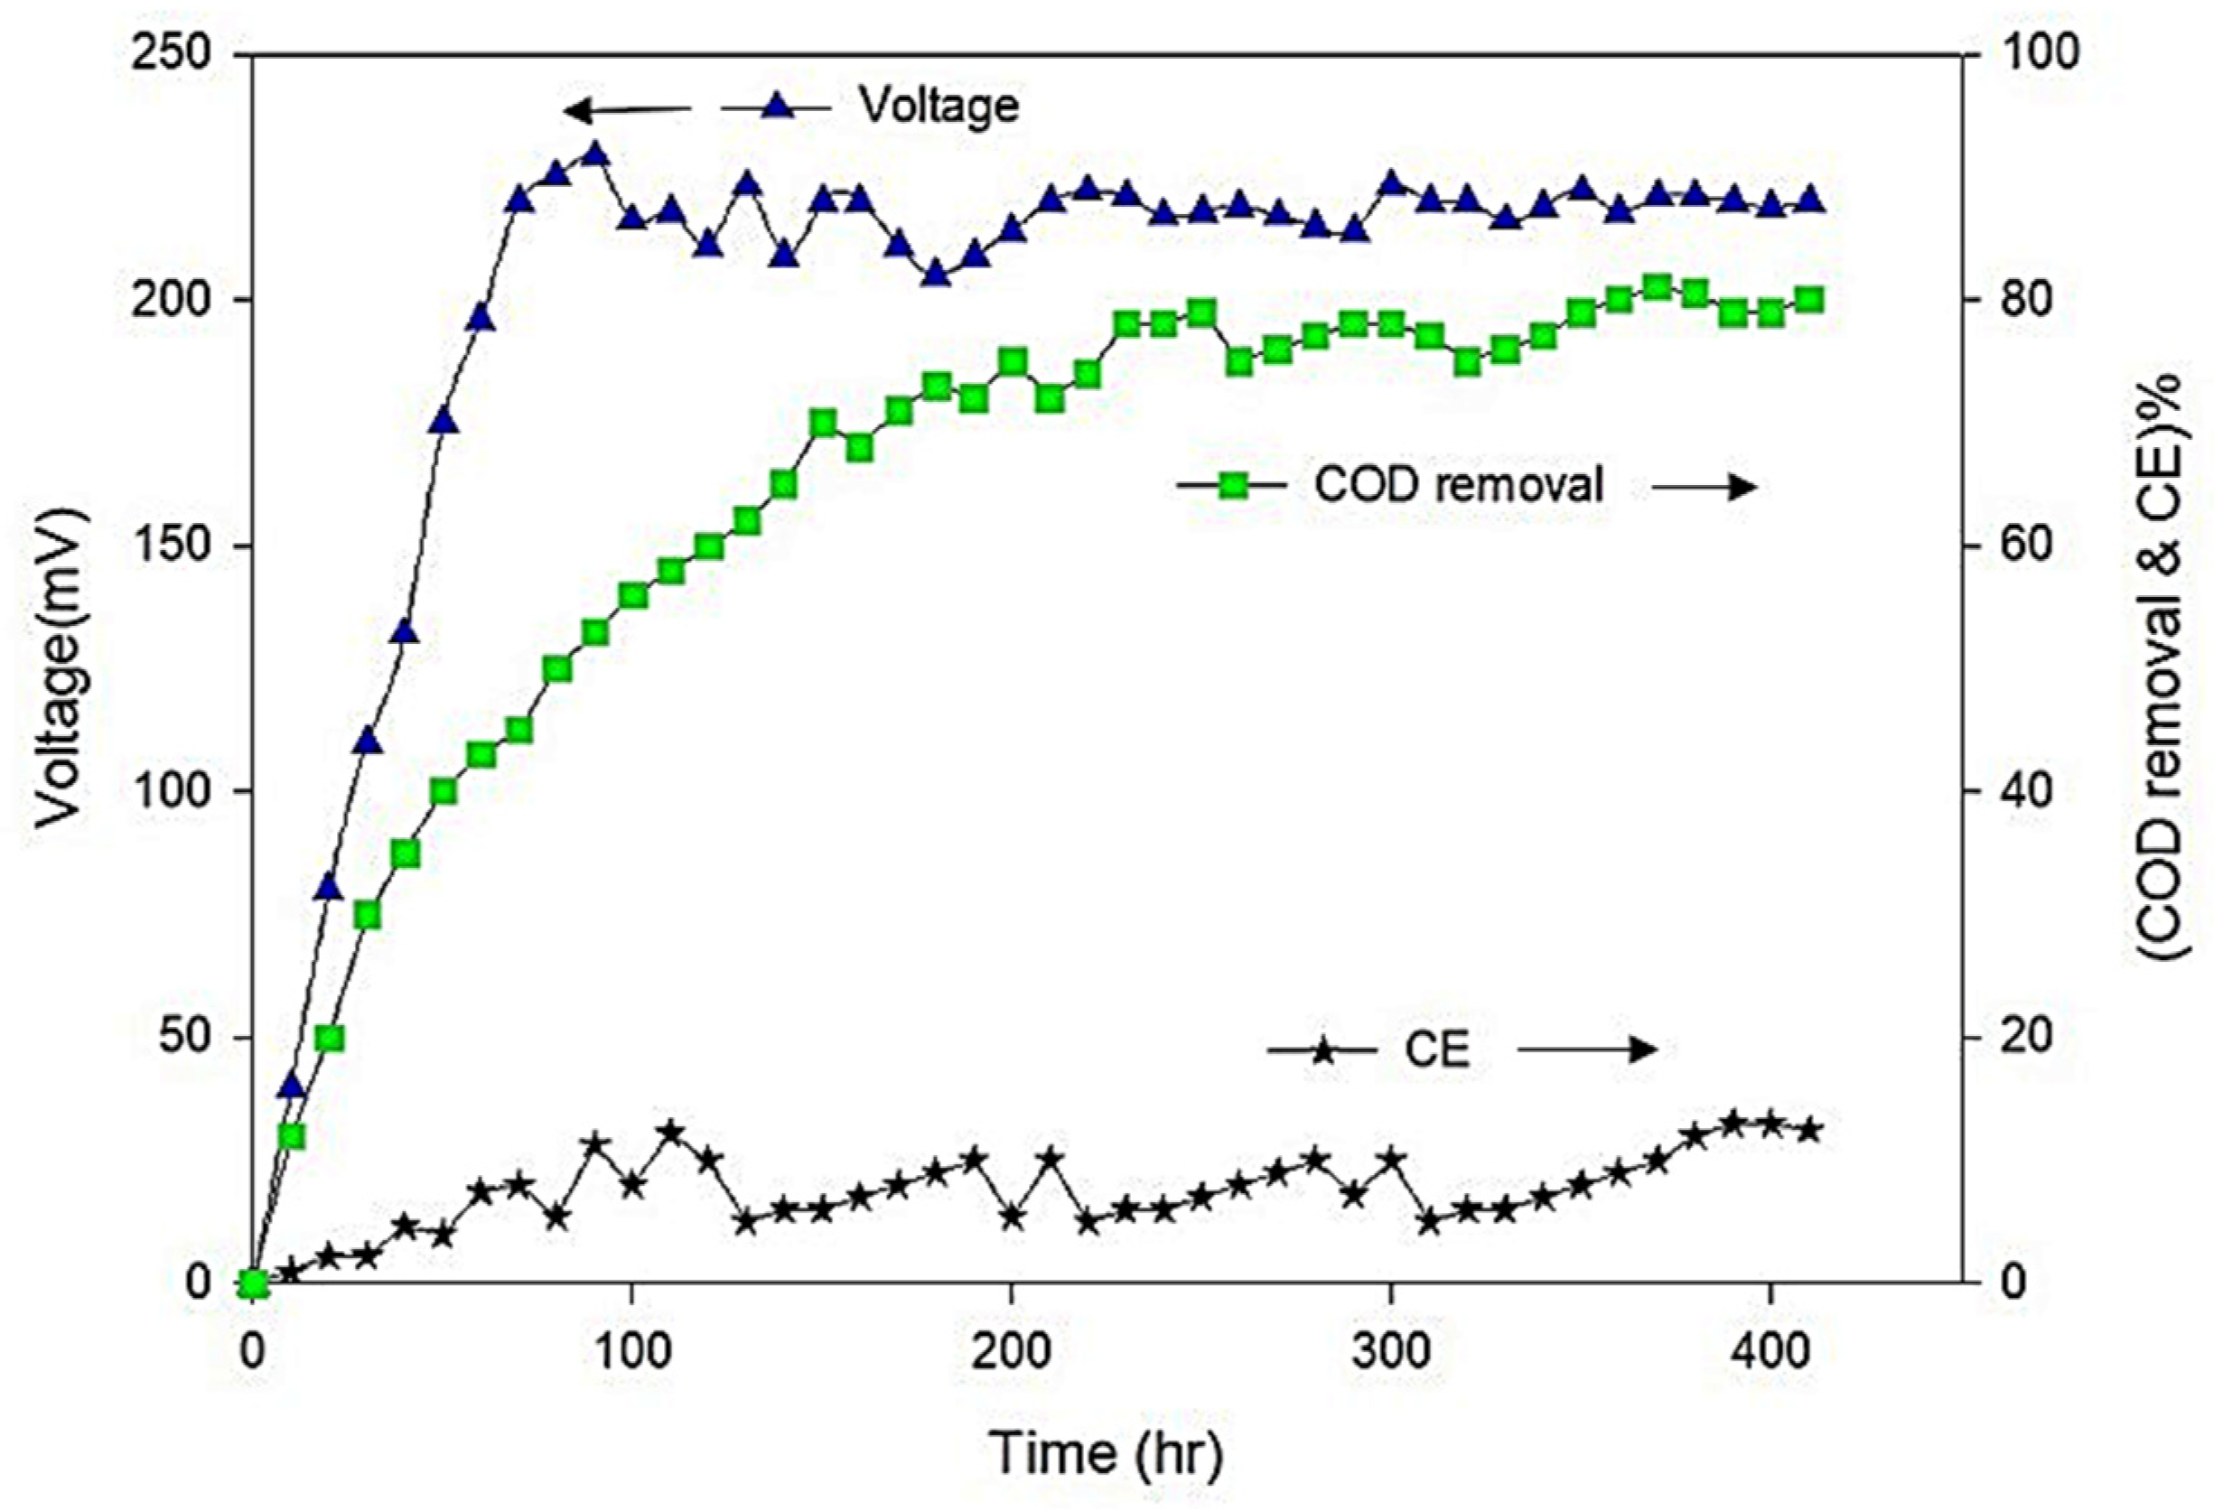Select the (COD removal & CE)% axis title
pyautogui.click(x=2158, y=667)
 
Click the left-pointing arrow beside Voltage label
pyautogui.click(x=624, y=110)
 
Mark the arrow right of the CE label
pyautogui.click(x=1587, y=1049)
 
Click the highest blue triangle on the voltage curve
pyautogui.click(x=595, y=155)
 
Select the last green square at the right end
pyautogui.click(x=1809, y=300)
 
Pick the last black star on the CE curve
pyautogui.click(x=1809, y=1131)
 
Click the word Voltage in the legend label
pyautogui.click(x=939, y=105)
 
